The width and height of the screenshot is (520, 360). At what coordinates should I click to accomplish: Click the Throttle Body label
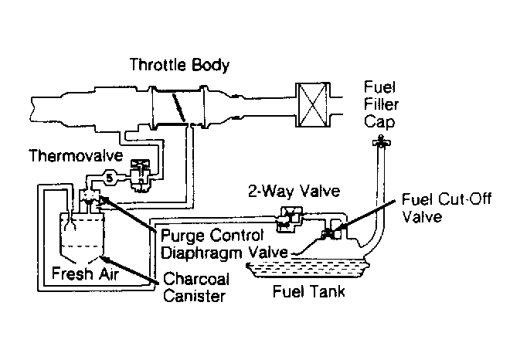click(179, 65)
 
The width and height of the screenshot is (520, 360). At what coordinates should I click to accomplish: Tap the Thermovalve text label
click(76, 155)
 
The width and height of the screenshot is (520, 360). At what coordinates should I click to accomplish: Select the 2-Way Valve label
click(294, 191)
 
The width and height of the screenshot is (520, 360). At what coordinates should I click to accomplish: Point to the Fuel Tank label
click(309, 292)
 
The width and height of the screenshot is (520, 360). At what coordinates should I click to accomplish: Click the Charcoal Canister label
click(195, 287)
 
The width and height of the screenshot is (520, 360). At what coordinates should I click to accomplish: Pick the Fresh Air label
click(85, 273)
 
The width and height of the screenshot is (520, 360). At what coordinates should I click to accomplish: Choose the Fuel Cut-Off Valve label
click(447, 208)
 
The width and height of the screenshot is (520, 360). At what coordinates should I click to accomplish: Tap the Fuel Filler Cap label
click(381, 104)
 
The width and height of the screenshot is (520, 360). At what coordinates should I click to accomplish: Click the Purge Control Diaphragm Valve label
click(225, 244)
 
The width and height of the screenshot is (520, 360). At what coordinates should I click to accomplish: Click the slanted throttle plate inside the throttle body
click(179, 107)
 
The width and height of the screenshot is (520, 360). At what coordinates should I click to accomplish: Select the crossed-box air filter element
click(313, 105)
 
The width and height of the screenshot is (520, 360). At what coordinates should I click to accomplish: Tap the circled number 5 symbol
click(110, 178)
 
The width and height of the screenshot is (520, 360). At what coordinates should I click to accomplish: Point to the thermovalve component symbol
click(140, 175)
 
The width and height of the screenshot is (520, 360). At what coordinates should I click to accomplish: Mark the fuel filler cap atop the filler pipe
click(381, 141)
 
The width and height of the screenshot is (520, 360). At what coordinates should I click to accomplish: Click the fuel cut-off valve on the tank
click(332, 232)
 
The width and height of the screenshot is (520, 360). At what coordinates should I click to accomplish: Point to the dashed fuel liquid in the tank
click(308, 269)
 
